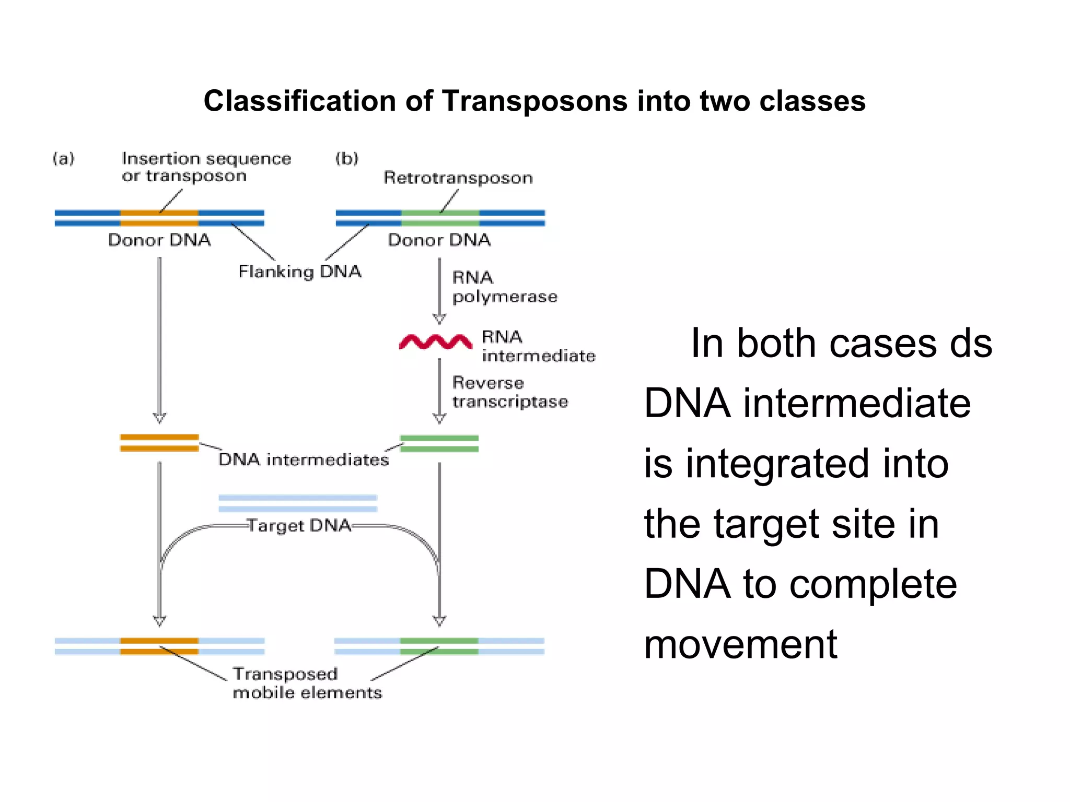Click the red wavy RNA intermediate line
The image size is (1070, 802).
(x=435, y=342)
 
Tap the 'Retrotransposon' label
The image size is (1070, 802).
(x=458, y=178)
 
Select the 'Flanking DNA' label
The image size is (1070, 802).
(x=299, y=272)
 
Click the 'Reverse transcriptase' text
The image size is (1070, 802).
(x=509, y=392)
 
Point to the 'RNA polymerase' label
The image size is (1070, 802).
(x=504, y=287)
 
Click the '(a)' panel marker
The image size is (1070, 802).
(x=64, y=158)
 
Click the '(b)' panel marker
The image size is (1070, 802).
(x=347, y=158)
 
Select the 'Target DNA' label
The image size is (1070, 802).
(x=299, y=525)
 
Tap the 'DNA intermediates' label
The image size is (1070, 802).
(x=304, y=459)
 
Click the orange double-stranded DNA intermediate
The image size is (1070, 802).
(x=159, y=442)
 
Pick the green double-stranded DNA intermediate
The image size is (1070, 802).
(x=439, y=443)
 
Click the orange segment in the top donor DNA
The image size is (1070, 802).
(x=159, y=218)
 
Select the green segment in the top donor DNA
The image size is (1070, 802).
(x=440, y=218)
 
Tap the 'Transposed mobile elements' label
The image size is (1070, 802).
(x=307, y=683)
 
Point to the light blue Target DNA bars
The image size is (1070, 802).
(x=298, y=503)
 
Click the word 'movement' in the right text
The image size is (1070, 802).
(x=740, y=644)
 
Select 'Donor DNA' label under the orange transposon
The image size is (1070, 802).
(x=159, y=240)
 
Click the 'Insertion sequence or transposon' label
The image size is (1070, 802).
(x=206, y=167)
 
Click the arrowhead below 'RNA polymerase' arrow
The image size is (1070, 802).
(x=439, y=319)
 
